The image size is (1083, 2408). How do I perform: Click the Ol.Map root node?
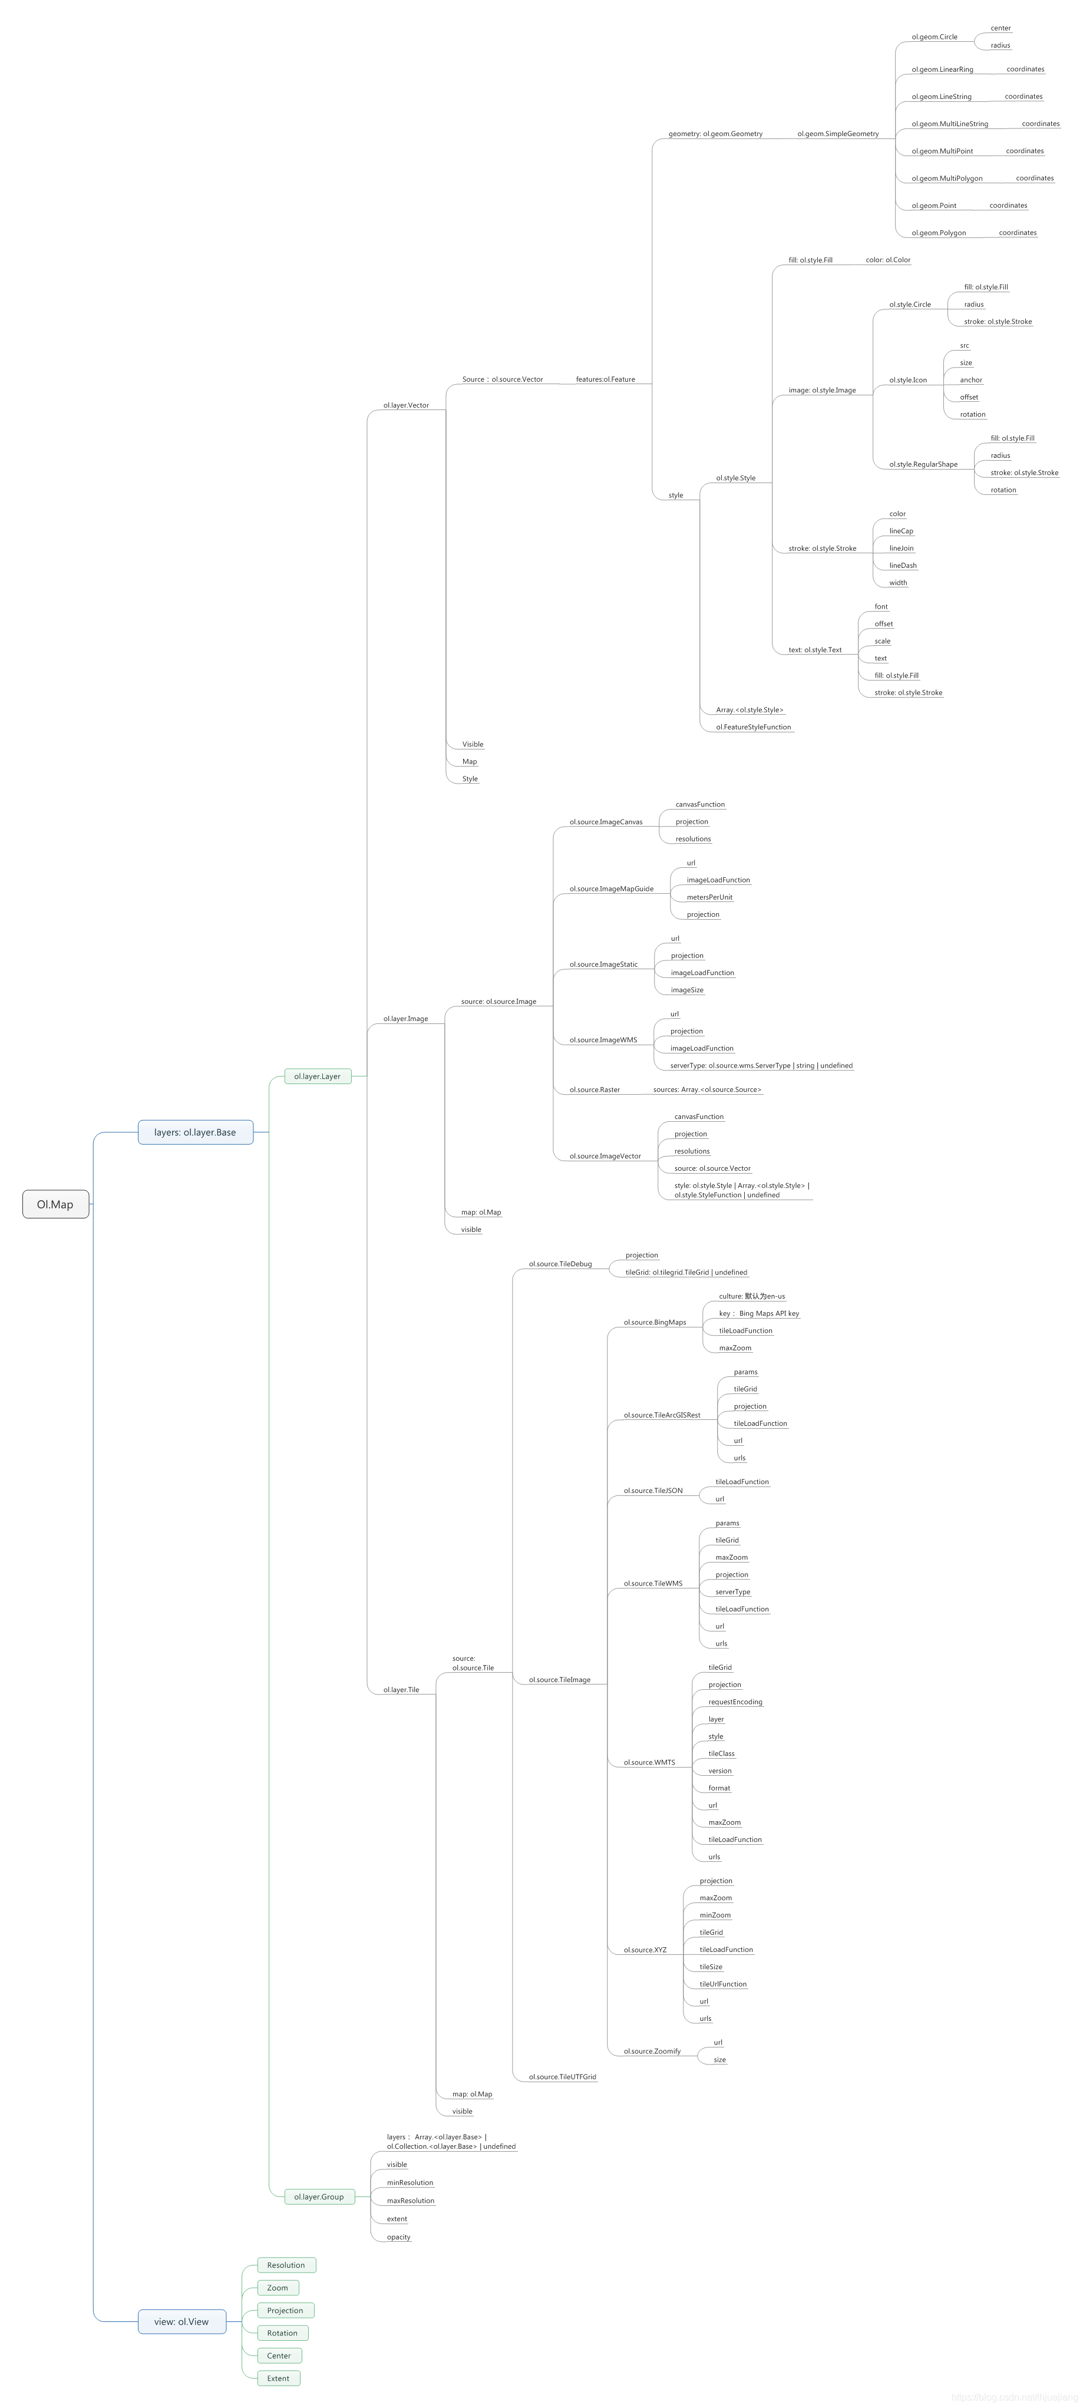55,1204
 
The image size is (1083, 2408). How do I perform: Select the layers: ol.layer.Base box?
196,1132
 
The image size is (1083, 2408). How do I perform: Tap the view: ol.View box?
181,2321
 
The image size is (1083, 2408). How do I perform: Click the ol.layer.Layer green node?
317,1076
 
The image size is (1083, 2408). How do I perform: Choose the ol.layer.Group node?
319,2196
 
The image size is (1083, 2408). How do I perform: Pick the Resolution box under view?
286,2265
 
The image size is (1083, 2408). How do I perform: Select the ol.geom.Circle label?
935,37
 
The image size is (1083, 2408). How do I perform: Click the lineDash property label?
903,566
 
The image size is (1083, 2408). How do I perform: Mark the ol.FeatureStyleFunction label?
753,727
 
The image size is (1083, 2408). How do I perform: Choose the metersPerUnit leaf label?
709,897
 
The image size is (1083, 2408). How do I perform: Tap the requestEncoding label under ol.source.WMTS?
735,1702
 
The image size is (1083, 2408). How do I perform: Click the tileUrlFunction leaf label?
723,1984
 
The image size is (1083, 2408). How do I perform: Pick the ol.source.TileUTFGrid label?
562,2077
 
